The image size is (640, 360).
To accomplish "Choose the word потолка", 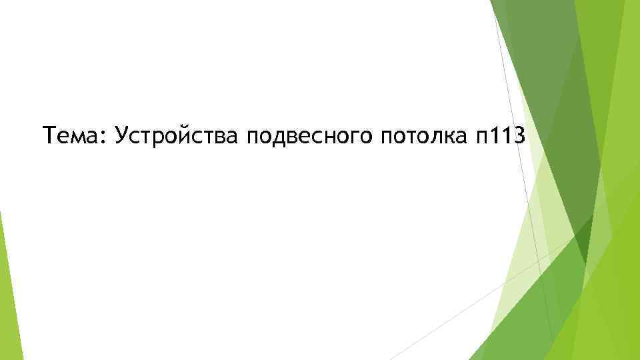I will point(423,137).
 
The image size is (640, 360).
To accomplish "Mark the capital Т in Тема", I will point(48,137).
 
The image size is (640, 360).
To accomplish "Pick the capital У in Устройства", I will point(121,137).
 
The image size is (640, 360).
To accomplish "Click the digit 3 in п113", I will point(518,137).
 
